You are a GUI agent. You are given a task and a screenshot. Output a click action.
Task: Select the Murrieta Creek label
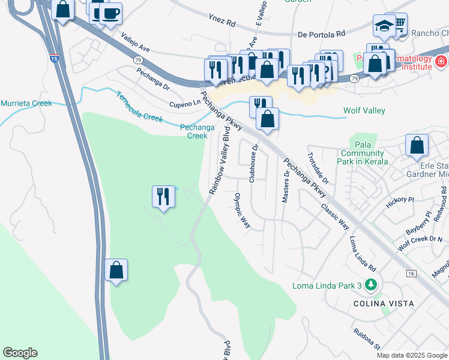click(x=26, y=103)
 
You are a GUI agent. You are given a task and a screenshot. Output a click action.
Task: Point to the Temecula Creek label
click(x=139, y=107)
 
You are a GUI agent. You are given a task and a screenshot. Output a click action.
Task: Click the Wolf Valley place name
click(x=364, y=110)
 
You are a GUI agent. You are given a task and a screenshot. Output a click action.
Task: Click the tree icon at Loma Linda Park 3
click(x=372, y=284)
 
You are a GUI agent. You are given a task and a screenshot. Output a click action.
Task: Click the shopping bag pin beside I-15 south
click(x=116, y=271)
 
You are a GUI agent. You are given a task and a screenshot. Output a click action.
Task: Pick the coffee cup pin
click(x=110, y=14)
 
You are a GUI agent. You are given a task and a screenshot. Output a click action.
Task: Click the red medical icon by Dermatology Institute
click(x=441, y=61)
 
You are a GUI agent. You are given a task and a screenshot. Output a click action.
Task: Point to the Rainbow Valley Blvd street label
click(x=220, y=160)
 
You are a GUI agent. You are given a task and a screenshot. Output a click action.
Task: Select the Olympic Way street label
click(x=242, y=210)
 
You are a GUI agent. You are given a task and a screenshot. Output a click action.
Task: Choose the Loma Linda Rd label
click(x=364, y=252)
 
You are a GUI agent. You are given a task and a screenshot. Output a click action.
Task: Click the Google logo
click(x=20, y=353)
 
